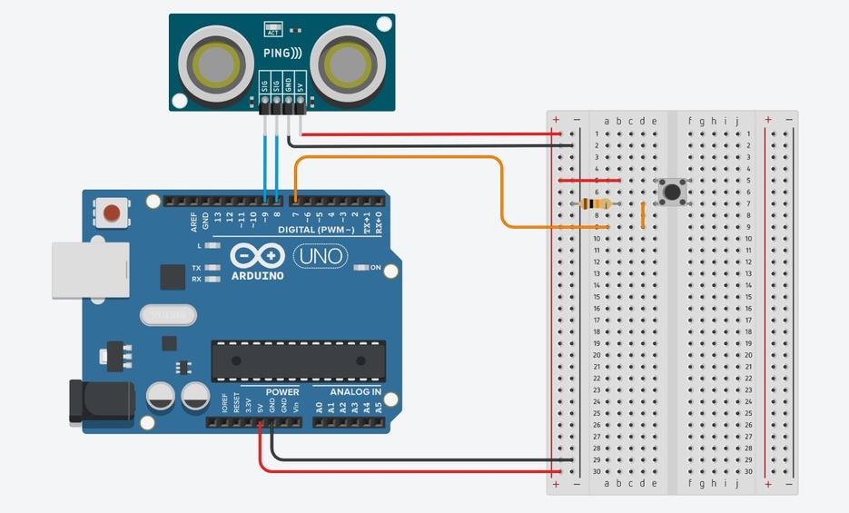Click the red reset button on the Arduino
(112, 213)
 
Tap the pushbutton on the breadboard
(673, 192)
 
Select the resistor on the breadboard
(596, 204)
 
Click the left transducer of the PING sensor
(215, 63)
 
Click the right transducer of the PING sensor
(345, 63)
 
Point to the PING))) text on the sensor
(282, 54)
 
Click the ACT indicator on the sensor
(271, 29)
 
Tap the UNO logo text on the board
(320, 257)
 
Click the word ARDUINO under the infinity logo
(257, 275)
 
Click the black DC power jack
(100, 402)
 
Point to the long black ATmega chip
(298, 360)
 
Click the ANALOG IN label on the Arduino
(355, 392)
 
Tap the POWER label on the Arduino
(282, 392)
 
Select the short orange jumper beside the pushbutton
(643, 215)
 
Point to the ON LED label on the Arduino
(375, 268)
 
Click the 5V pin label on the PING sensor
(300, 88)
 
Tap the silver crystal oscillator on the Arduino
(168, 315)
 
